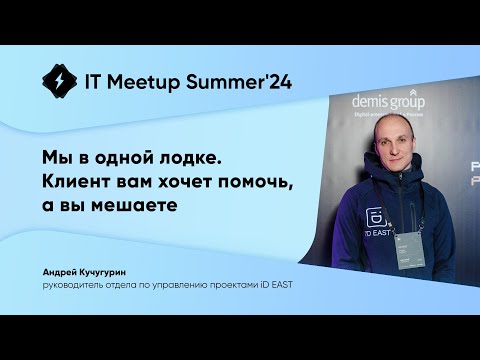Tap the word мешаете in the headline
click(139, 205)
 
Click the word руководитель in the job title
click(76, 285)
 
